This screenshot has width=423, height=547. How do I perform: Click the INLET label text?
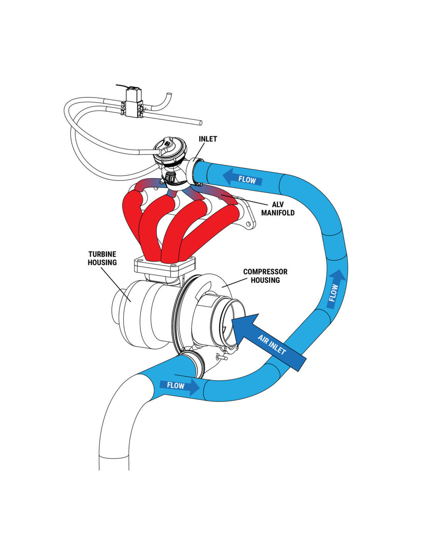tap(208, 139)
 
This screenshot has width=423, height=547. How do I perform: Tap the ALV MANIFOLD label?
tap(278, 208)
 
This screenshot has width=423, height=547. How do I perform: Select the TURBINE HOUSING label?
tap(102, 258)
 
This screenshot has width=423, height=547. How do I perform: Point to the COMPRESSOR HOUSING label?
tap(265, 276)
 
